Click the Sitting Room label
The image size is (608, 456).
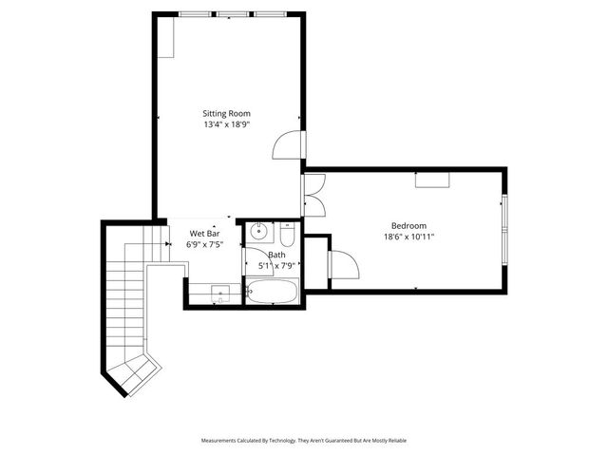tap(226, 113)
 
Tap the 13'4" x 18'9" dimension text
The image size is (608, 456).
tap(226, 124)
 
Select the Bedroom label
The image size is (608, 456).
tap(409, 225)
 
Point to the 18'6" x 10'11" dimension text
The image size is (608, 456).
tap(409, 237)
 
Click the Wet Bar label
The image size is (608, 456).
tap(205, 233)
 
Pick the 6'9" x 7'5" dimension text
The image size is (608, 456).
tap(205, 244)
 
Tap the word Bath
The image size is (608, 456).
tap(276, 255)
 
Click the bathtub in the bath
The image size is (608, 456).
tap(273, 291)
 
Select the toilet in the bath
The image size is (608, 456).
tap(288, 232)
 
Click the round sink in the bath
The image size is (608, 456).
tap(259, 233)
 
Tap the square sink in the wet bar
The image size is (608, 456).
tap(219, 294)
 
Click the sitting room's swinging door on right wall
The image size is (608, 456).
tap(288, 144)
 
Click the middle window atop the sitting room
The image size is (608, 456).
tap(232, 14)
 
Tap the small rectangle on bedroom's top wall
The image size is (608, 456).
tap(430, 180)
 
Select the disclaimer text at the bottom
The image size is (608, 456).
tap(303, 441)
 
